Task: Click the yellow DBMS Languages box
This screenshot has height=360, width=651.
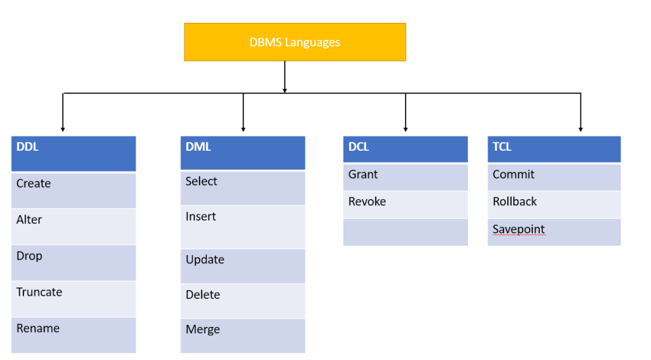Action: pos(294,43)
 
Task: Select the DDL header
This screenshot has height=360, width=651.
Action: pos(73,153)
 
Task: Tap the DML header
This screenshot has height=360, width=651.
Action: pos(242,153)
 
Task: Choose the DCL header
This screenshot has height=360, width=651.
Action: pos(405,149)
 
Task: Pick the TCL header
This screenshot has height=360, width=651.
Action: pos(554,149)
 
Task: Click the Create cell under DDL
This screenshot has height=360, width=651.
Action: pos(34,184)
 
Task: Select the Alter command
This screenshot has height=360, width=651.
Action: pos(29,220)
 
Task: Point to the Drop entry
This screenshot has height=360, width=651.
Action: pos(29,256)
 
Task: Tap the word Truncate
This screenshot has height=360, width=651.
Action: pos(39,293)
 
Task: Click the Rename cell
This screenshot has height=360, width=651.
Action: pos(38,329)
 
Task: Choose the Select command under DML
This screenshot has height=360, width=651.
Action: pos(202,182)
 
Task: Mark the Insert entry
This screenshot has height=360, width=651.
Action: pos(201,217)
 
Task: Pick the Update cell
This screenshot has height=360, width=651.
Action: pos(205,260)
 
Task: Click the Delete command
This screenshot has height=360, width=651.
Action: pos(203,295)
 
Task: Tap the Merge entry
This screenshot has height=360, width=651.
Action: pos(203,330)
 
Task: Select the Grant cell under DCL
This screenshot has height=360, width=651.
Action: pos(363,175)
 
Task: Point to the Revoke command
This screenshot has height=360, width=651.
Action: pos(367,202)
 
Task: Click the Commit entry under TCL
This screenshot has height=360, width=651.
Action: pos(514,175)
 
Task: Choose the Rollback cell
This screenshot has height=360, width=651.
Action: pos(515,202)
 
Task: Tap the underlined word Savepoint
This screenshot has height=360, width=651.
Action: pos(519,230)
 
